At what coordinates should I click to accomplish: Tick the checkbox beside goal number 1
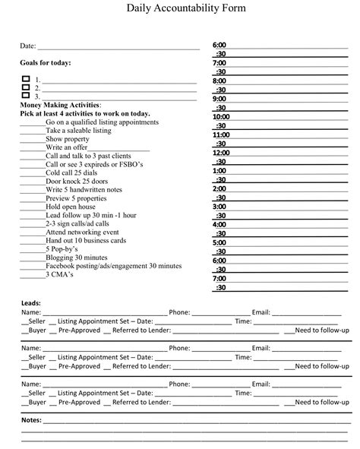[26, 79]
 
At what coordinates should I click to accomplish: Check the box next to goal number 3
[26, 96]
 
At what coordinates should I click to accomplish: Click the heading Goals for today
[46, 62]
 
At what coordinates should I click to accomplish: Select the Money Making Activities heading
[60, 105]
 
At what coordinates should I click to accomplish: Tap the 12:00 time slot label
[221, 153]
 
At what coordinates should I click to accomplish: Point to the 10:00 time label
[221, 117]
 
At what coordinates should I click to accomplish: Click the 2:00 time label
[219, 188]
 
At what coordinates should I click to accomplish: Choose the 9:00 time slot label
[219, 99]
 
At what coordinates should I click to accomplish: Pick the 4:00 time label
[219, 224]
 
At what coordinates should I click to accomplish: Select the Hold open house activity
[71, 207]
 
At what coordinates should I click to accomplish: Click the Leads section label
[31, 303]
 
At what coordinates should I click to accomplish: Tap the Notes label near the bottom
[31, 419]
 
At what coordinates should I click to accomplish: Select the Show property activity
[67, 138]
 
